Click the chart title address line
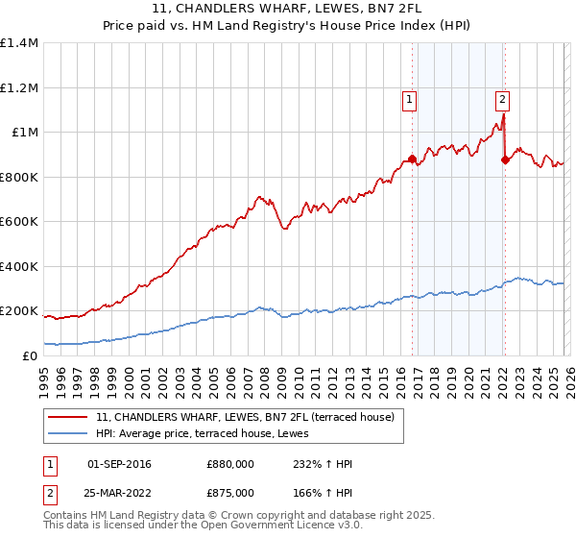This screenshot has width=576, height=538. [287, 9]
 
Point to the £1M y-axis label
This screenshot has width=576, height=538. [26, 132]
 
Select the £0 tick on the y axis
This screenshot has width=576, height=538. [30, 355]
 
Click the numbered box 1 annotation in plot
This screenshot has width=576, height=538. [410, 98]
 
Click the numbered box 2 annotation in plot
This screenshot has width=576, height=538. [502, 98]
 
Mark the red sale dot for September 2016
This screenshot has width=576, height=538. [412, 159]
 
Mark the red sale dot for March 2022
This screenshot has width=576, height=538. [505, 160]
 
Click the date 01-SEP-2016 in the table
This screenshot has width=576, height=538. [119, 464]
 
